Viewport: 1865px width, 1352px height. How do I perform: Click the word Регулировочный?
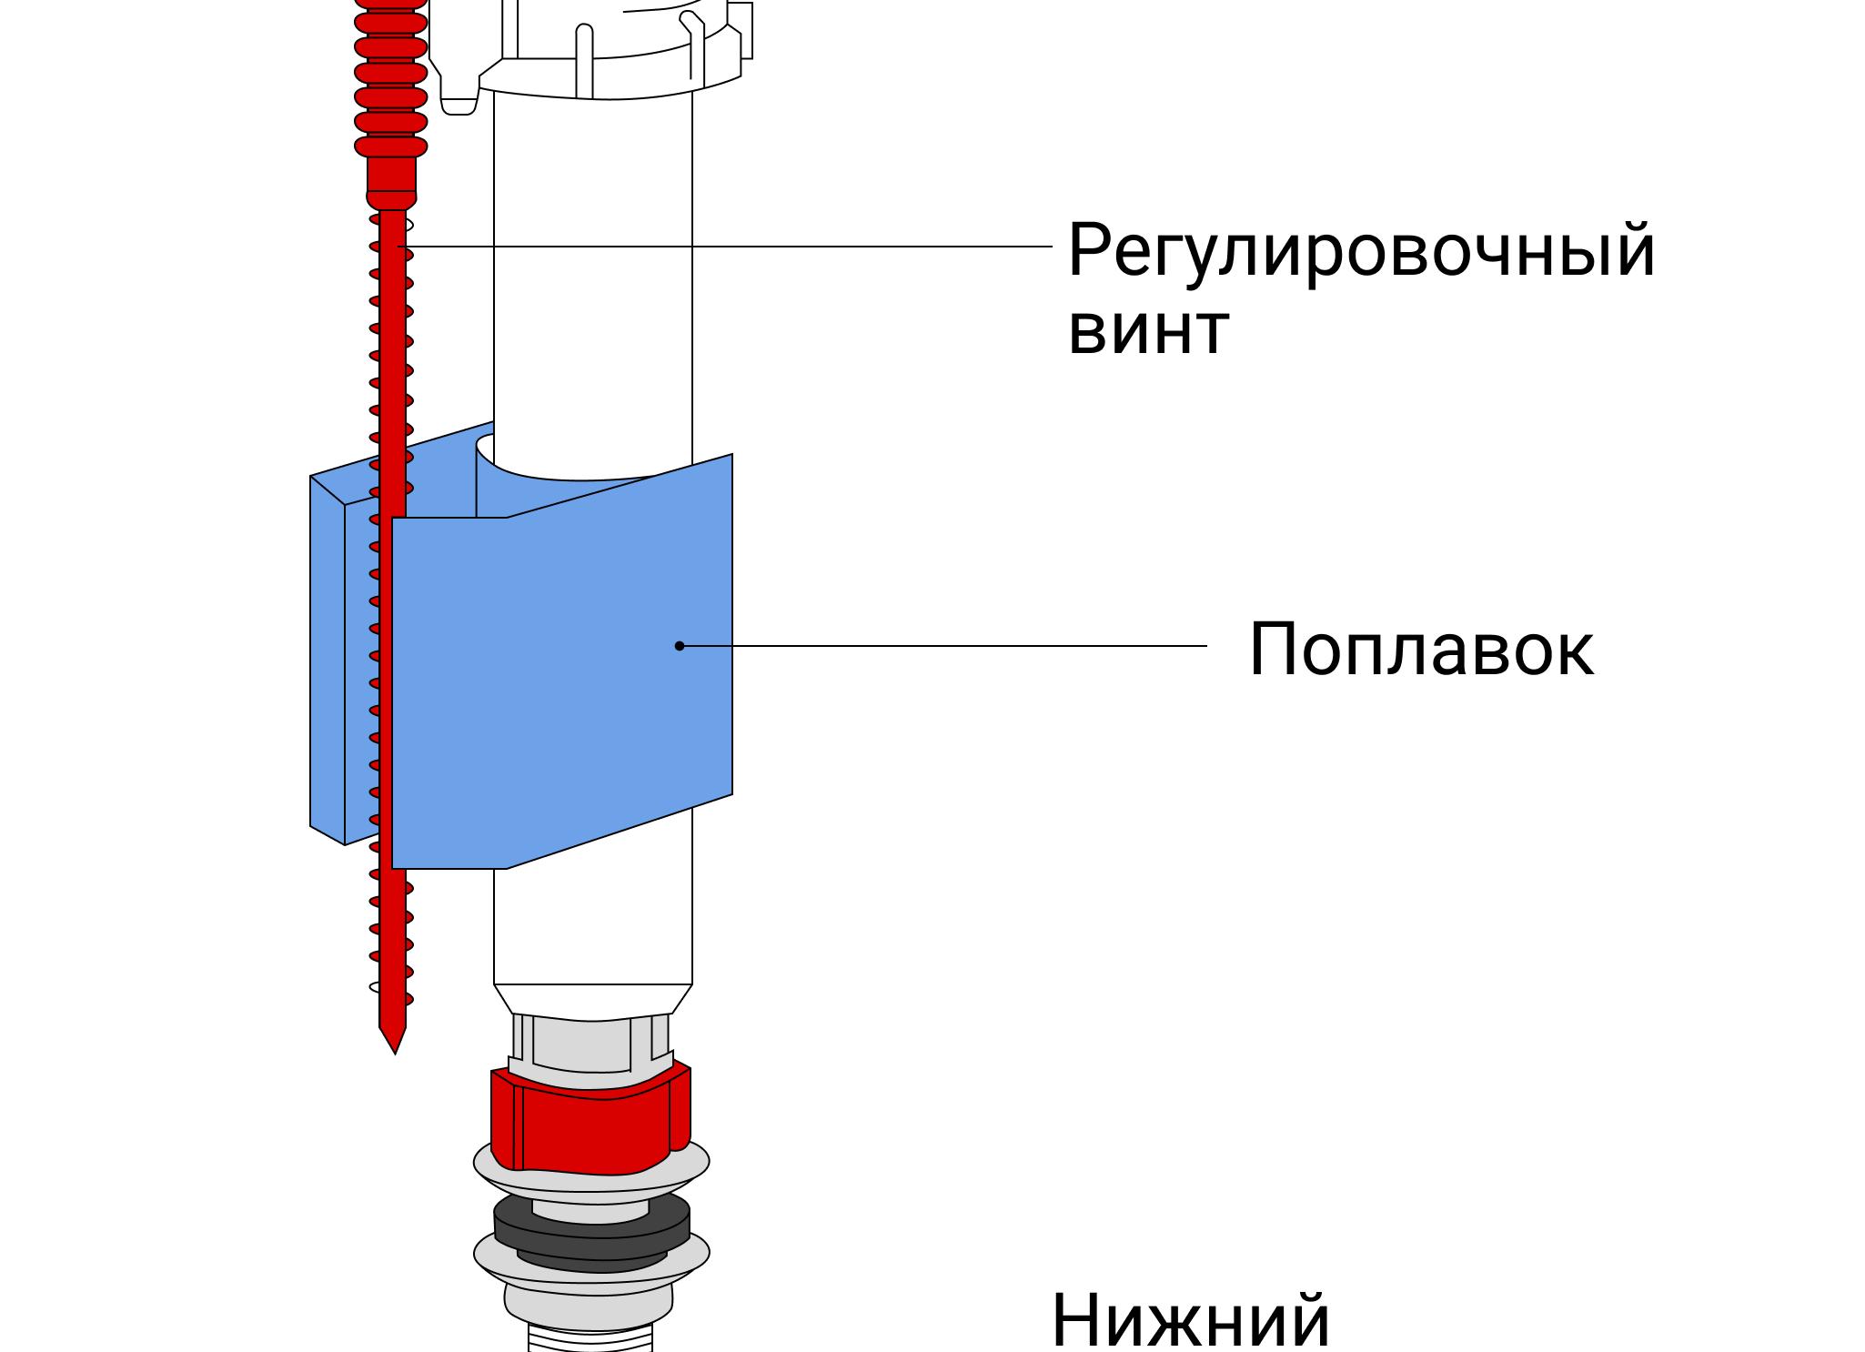point(1360,251)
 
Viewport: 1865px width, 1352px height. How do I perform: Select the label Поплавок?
point(1421,650)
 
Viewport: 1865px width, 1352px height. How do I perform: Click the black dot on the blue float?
point(680,646)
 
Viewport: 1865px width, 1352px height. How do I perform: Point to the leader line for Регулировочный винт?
point(728,246)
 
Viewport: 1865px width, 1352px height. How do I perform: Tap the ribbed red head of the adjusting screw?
point(391,82)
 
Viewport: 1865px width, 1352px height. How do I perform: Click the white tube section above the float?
point(591,273)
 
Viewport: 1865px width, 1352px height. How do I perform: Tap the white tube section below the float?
point(591,919)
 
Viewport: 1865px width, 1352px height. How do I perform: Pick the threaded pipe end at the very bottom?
point(591,1339)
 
